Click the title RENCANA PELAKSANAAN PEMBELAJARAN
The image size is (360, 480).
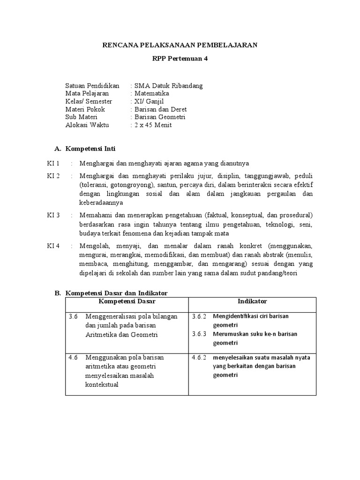click(180, 45)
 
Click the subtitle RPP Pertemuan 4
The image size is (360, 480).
click(180, 59)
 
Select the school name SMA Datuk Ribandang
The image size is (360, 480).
click(168, 86)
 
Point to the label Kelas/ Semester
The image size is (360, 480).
click(89, 101)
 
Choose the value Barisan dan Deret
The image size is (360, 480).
click(161, 109)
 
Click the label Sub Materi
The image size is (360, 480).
click(82, 117)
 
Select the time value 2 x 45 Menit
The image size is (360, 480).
click(153, 125)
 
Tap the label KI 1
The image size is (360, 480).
click(53, 163)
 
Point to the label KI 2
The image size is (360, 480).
click(53, 176)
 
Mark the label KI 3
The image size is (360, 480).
click(53, 215)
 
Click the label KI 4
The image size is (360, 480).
click(53, 246)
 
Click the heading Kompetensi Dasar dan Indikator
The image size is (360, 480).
click(116, 293)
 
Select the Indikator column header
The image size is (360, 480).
click(252, 301)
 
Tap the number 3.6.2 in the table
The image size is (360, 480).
click(199, 316)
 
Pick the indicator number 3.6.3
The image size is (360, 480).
click(199, 334)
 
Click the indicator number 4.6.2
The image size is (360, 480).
click(199, 357)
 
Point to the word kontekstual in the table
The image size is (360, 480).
click(102, 385)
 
